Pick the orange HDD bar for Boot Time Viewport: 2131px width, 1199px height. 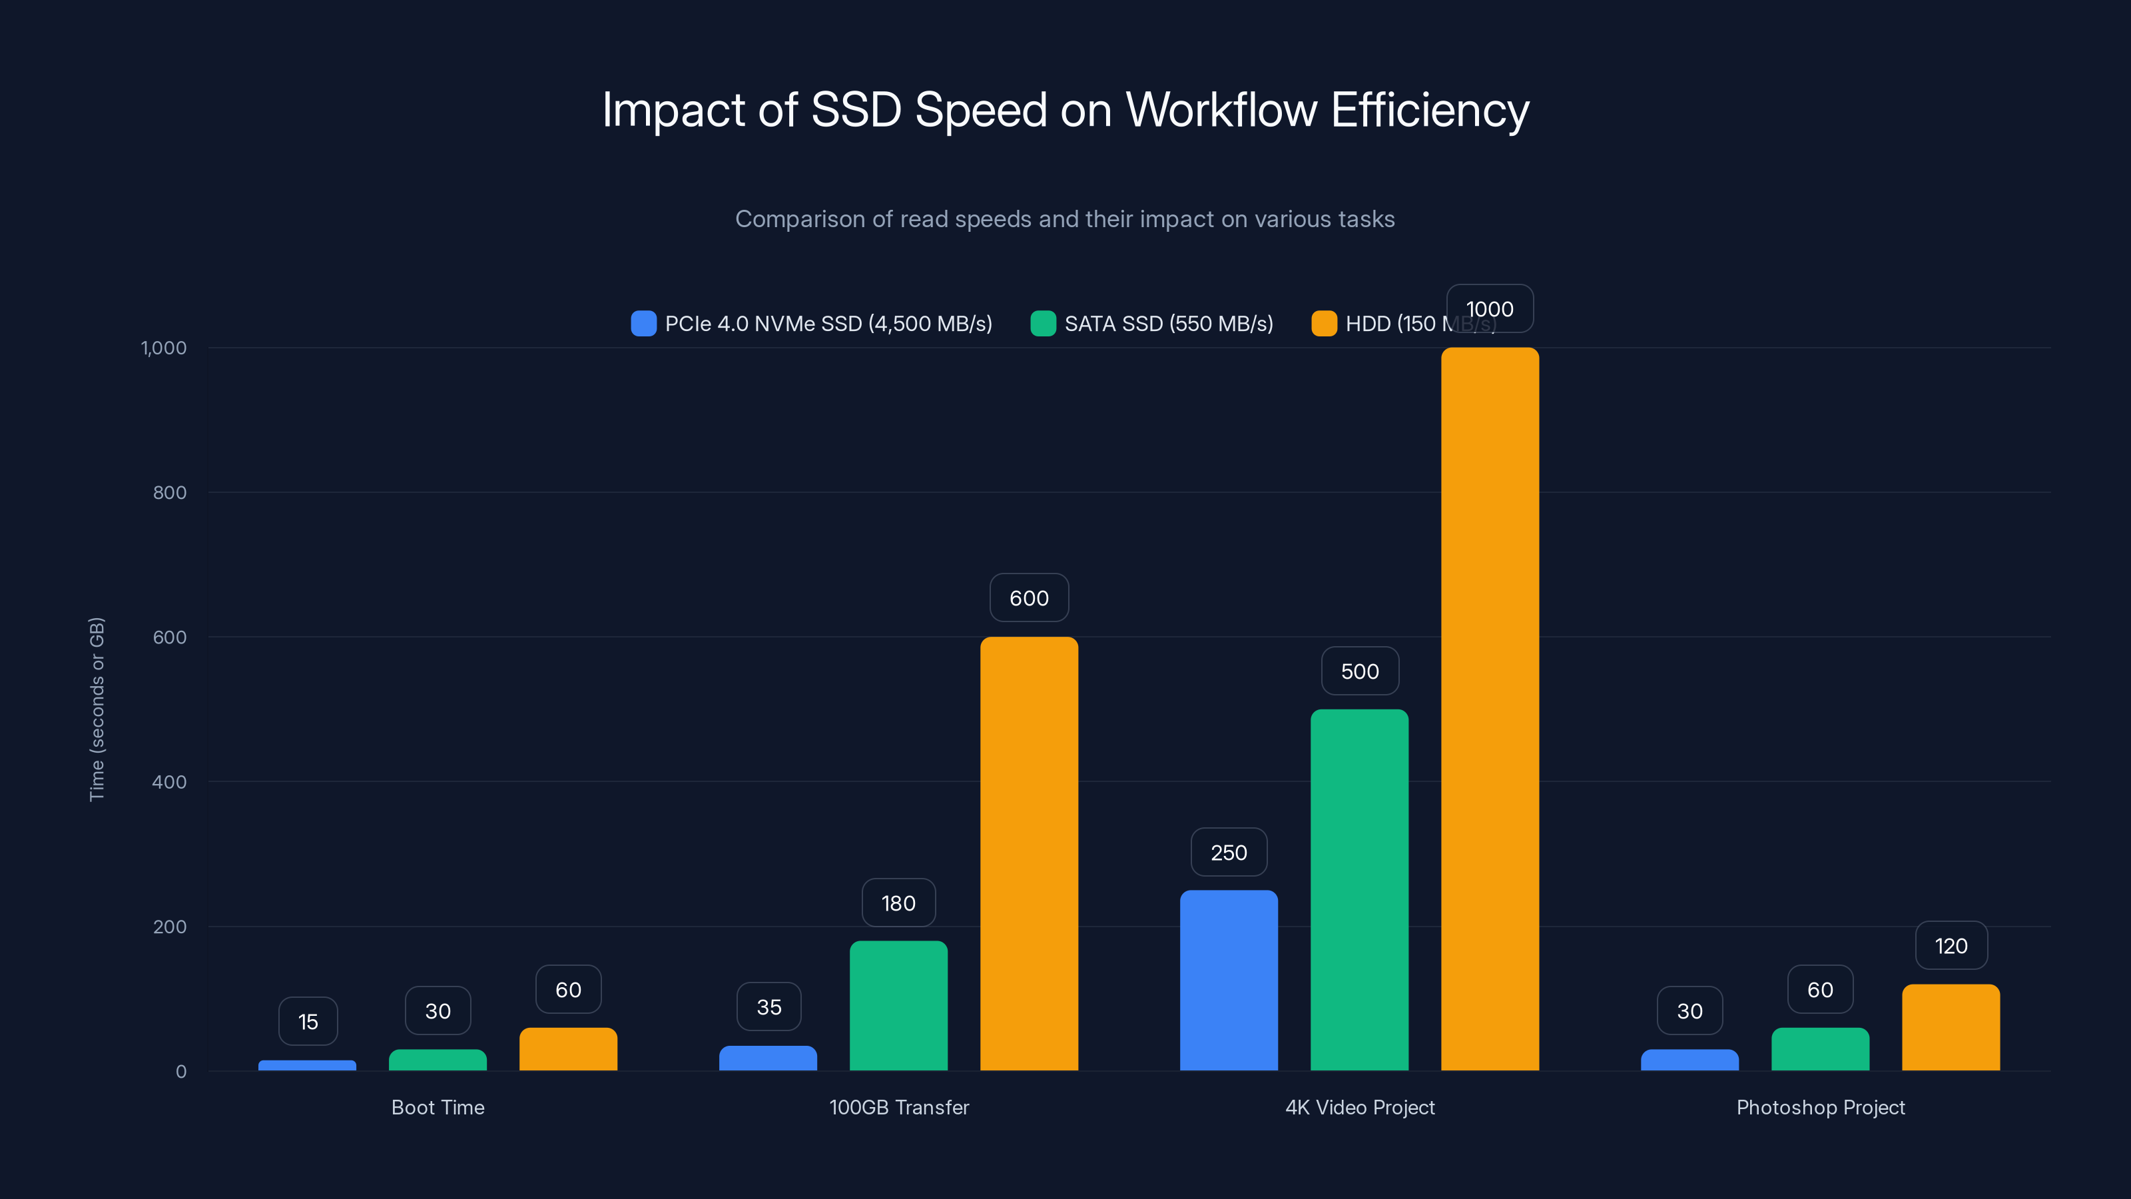tap(568, 1048)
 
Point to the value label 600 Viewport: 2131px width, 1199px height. tap(1029, 598)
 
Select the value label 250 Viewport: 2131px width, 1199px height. tap(1229, 853)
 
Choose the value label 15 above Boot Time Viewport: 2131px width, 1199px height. tap(308, 1021)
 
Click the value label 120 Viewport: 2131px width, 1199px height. tap(1951, 946)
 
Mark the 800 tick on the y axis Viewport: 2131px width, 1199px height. tap(170, 492)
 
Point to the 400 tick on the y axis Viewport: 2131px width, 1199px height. tap(170, 782)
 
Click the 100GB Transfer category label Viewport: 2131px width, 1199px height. tap(898, 1107)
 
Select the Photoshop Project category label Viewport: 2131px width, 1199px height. tap(1820, 1107)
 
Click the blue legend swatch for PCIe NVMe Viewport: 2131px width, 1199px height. tap(643, 324)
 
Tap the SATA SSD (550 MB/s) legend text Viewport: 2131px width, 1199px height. tap(1168, 324)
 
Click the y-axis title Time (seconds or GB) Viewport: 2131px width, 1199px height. tap(97, 709)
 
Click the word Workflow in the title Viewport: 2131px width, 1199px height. tap(1221, 110)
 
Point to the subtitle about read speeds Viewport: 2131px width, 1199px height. tap(1065, 218)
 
